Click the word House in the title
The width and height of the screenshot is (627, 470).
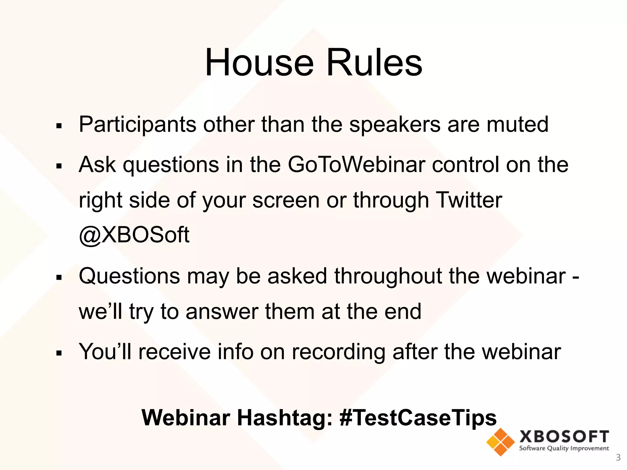[259, 63]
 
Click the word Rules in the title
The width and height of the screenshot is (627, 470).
[374, 63]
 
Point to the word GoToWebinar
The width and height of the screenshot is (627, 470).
[356, 165]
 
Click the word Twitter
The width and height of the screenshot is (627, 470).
[468, 200]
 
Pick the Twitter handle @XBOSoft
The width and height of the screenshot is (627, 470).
[134, 235]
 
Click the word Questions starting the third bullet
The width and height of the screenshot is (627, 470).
[129, 276]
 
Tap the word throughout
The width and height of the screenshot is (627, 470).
[388, 276]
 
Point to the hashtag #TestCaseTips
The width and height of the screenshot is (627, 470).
[418, 417]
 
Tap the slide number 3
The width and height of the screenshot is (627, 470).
[618, 457]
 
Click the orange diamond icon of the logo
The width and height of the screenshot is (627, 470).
[500, 442]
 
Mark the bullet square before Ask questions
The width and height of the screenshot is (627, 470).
[59, 166]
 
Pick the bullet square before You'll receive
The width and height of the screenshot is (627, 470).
[59, 353]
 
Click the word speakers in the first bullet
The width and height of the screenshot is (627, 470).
[395, 125]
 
